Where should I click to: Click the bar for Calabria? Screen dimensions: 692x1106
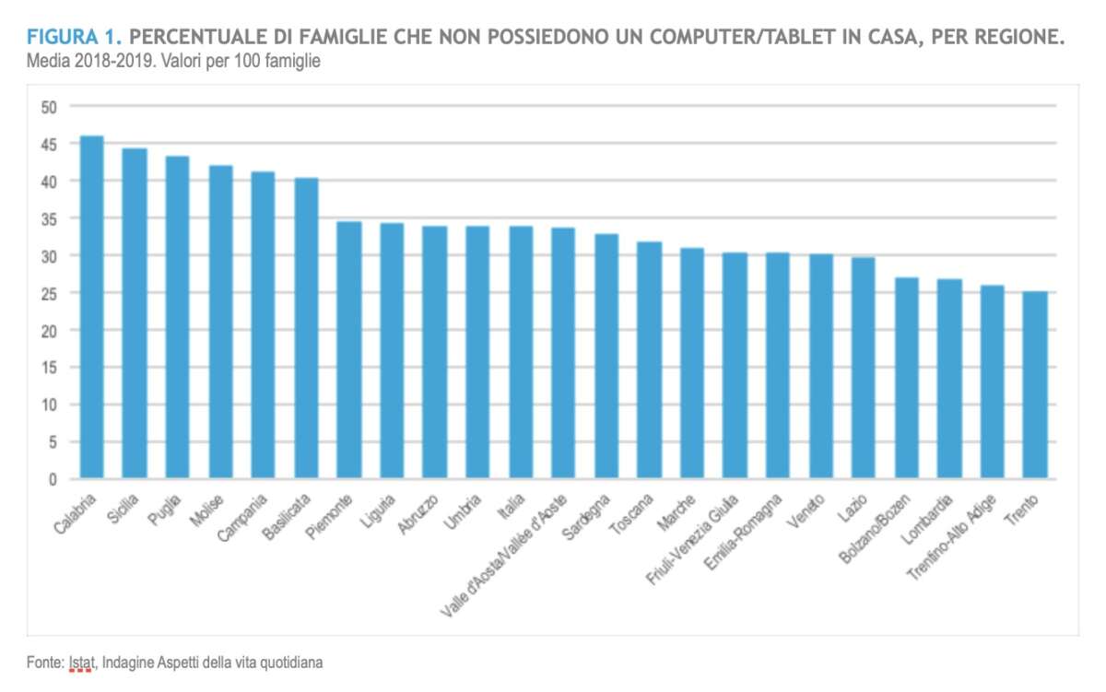[91, 308]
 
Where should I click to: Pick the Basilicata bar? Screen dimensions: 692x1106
[306, 329]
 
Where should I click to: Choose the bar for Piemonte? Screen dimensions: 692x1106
[348, 350]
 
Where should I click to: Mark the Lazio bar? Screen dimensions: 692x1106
[863, 369]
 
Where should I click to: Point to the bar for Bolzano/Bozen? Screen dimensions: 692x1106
[906, 379]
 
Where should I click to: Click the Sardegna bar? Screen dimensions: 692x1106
[606, 357]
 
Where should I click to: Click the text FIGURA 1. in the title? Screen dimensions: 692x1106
[74, 38]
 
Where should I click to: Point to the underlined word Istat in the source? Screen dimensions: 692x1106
[81, 662]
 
